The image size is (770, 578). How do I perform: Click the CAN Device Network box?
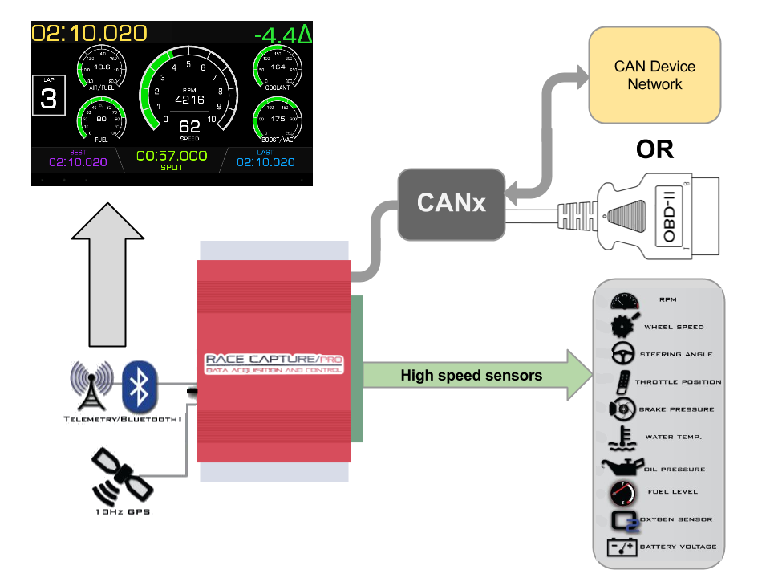(654, 75)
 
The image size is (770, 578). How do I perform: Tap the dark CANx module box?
(451, 202)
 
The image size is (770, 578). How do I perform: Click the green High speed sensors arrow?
(473, 375)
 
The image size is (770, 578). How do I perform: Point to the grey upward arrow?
(107, 273)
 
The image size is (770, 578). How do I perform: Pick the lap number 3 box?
(49, 98)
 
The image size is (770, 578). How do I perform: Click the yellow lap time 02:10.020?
(89, 34)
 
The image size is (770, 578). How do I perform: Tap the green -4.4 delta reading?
(283, 35)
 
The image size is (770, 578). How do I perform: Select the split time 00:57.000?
(172, 156)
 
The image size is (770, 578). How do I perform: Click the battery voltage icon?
(622, 547)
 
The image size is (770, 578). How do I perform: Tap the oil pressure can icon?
(620, 466)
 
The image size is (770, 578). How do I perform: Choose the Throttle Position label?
(678, 382)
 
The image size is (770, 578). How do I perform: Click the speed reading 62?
(189, 127)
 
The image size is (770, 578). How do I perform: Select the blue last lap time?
(265, 162)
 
